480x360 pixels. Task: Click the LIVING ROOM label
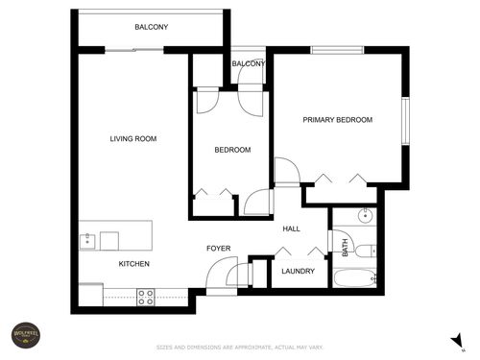[132, 139]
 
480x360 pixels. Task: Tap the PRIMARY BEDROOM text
[337, 120]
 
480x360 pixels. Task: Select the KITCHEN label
[132, 263]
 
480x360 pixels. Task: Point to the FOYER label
[219, 249]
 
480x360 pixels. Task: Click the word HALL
[291, 228]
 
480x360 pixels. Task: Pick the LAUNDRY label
[298, 272]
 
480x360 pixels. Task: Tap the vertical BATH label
[345, 248]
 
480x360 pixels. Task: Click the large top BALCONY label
[151, 27]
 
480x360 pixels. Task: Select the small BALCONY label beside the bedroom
[249, 63]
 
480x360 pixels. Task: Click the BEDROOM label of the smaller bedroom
[231, 150]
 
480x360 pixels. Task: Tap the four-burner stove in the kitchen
[146, 297]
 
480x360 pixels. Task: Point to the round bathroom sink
[365, 216]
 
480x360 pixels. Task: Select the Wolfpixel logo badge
[23, 335]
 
